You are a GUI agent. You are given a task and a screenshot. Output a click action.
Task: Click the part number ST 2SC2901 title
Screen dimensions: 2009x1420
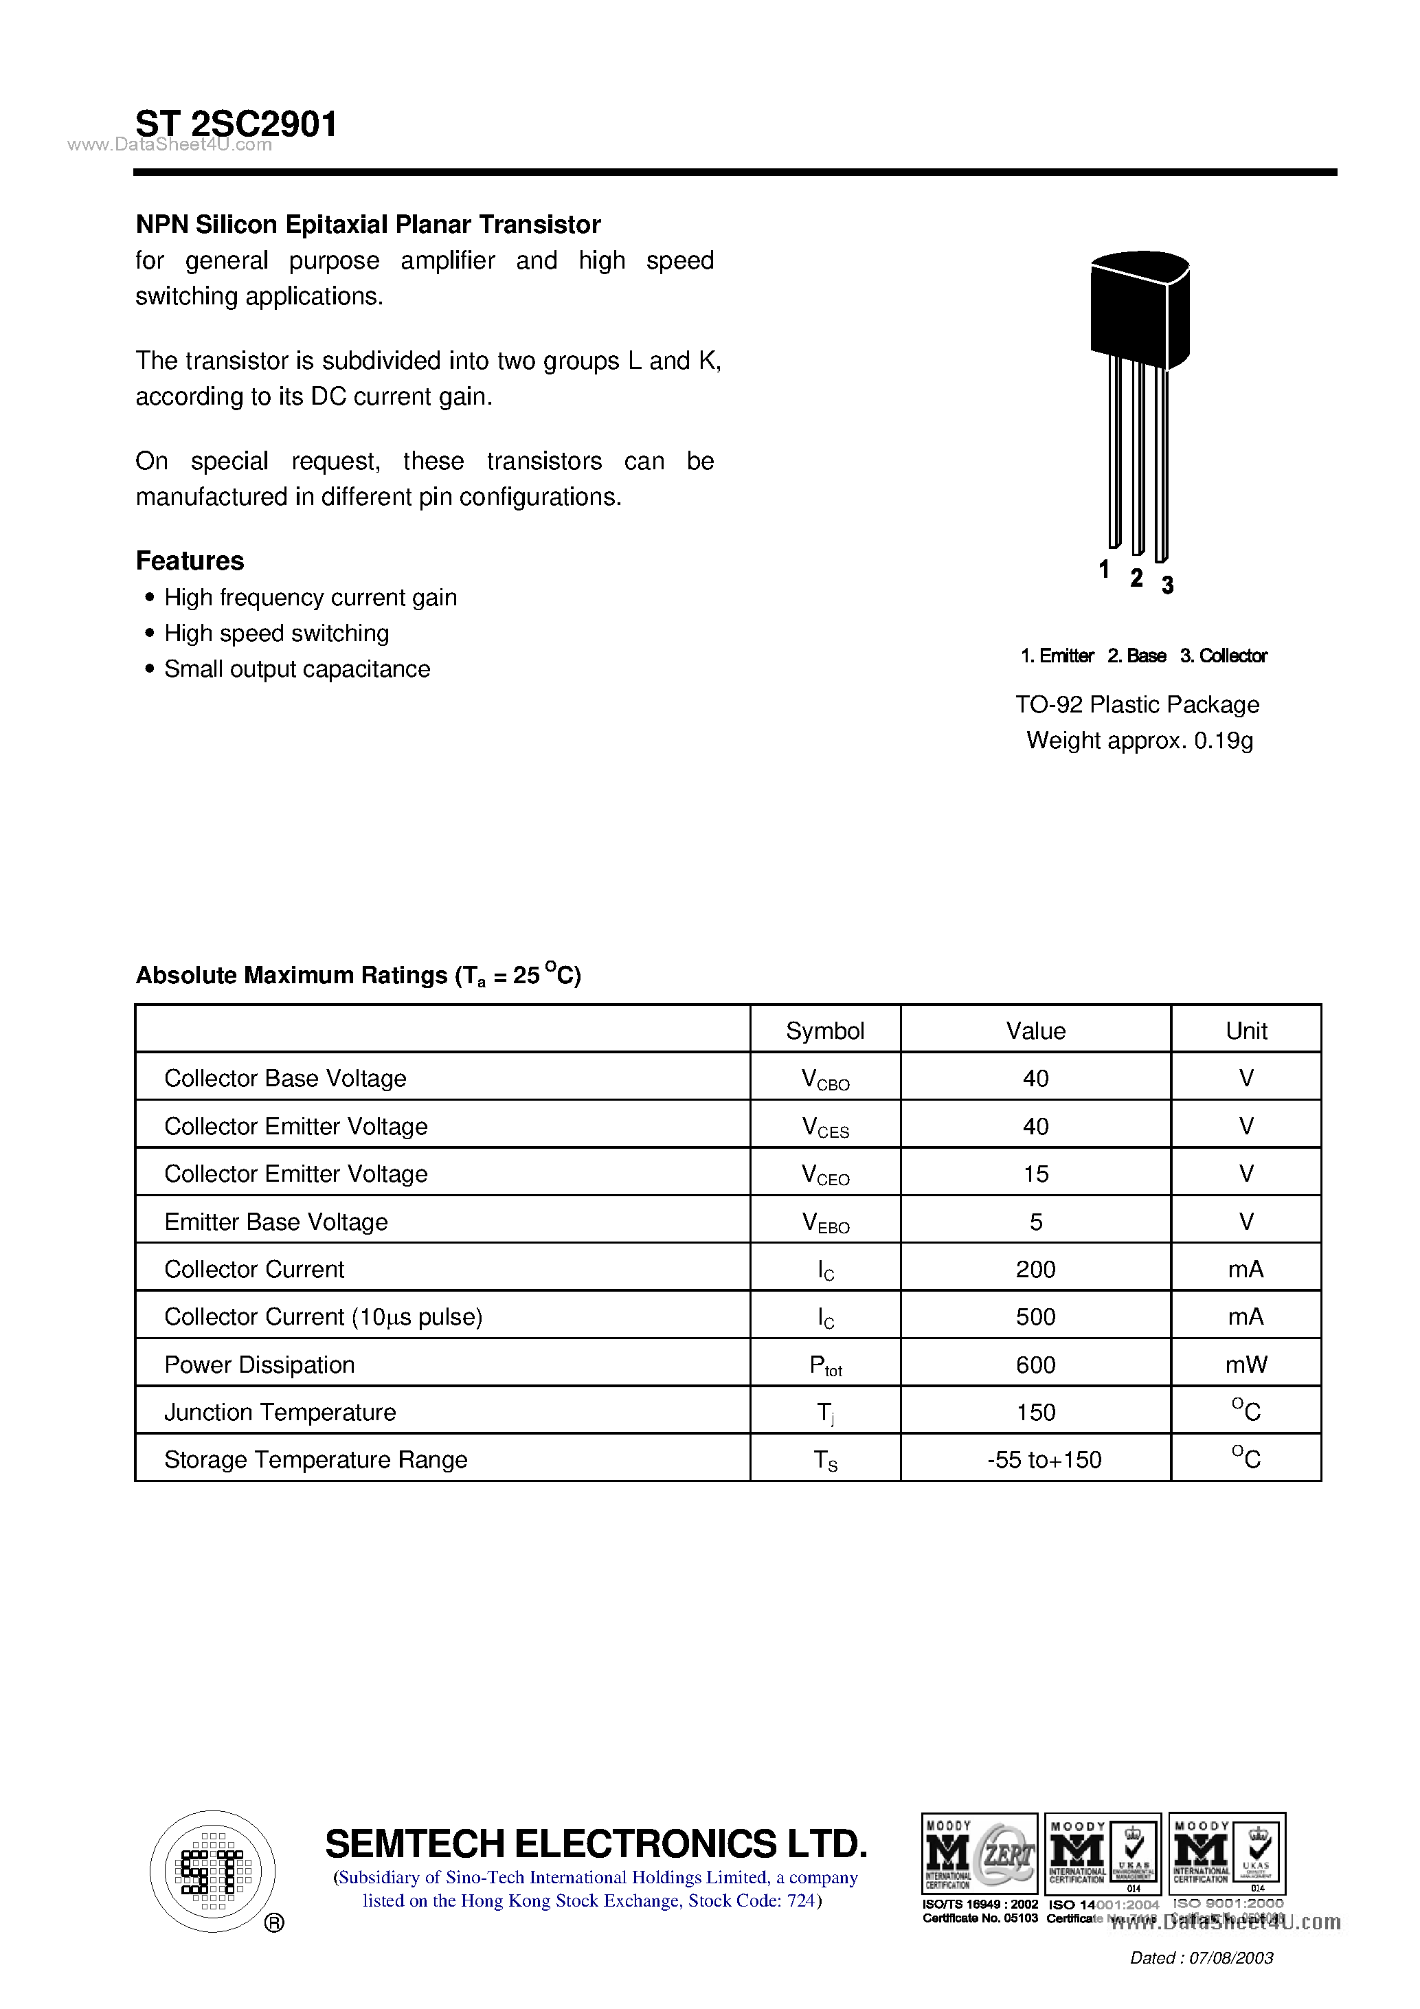click(236, 124)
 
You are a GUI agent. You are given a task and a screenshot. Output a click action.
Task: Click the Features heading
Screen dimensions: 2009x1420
click(190, 561)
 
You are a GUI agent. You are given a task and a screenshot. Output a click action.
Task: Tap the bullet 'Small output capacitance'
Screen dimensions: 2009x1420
click(297, 669)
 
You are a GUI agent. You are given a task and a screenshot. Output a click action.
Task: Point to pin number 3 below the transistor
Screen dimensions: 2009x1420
click(1167, 585)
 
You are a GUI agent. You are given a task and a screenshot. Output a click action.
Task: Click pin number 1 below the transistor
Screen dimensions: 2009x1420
click(1104, 570)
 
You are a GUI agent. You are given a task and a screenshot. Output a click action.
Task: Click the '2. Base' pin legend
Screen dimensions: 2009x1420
click(1136, 656)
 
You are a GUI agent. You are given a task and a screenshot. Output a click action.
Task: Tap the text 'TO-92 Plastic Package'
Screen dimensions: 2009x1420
click(1136, 705)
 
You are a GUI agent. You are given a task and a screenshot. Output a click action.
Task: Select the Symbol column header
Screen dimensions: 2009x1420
click(824, 1031)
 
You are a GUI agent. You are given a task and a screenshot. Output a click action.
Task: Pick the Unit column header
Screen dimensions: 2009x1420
click(1246, 1031)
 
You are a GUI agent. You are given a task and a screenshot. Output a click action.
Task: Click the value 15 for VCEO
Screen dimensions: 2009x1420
click(1035, 1174)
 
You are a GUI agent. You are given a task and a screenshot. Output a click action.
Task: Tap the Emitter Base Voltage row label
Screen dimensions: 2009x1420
click(275, 1222)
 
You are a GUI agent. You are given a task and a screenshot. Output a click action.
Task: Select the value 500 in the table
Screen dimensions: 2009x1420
click(1035, 1317)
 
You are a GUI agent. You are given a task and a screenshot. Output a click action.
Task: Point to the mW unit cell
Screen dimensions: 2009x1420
click(1246, 1365)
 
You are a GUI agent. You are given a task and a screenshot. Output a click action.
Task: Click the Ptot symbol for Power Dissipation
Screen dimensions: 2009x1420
click(824, 1366)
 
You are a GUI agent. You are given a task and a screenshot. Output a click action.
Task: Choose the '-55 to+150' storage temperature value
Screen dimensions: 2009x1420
click(1044, 1461)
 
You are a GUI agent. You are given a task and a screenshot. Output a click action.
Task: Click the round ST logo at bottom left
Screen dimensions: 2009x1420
click(212, 1872)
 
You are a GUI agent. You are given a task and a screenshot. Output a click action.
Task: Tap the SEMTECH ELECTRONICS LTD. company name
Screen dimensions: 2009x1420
click(596, 1845)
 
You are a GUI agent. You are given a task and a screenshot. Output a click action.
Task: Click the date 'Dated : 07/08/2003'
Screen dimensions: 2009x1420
click(1202, 1958)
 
